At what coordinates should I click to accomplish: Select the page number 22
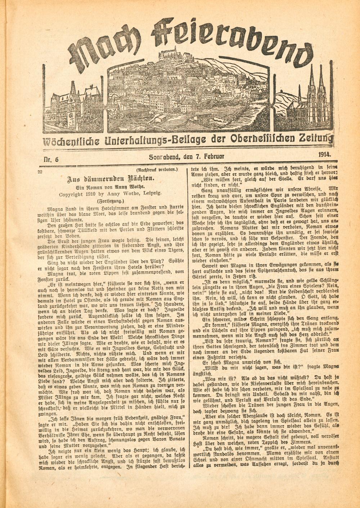pos(40,172)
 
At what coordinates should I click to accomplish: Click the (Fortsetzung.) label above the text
pos(111,201)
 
